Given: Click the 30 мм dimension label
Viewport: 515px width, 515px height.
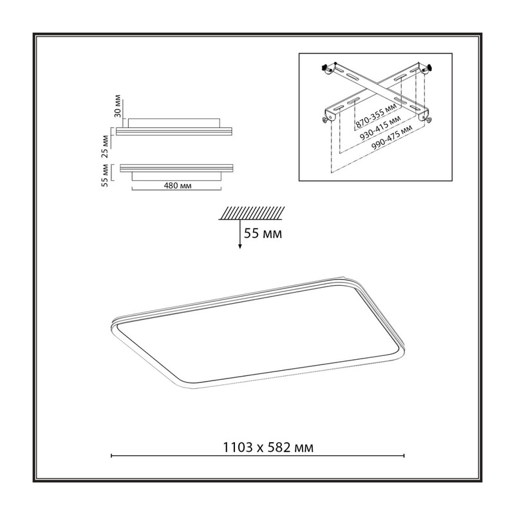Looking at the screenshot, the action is (x=117, y=106).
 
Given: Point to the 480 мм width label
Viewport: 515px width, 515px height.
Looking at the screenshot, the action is (x=178, y=186).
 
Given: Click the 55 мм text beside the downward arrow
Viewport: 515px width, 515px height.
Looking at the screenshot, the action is (x=263, y=234).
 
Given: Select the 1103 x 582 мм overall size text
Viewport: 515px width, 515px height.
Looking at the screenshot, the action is (x=268, y=447).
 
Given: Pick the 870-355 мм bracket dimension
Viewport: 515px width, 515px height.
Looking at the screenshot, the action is (x=376, y=116).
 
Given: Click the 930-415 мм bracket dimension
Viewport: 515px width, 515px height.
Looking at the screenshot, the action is (x=380, y=127).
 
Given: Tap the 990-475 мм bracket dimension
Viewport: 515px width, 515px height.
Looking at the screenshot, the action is (x=392, y=138).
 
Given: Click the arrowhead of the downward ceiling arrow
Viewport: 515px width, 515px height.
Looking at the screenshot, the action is (x=240, y=246).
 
